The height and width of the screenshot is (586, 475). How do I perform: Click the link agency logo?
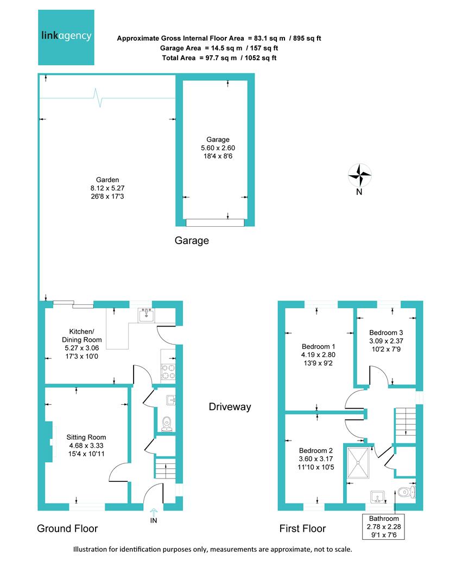66,37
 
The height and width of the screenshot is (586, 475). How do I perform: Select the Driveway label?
230,407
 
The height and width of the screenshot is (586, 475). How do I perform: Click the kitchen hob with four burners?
168,371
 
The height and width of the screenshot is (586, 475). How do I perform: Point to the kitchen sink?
147,315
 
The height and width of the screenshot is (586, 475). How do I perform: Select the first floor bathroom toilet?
406,493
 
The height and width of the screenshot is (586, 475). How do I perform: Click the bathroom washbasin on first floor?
378,496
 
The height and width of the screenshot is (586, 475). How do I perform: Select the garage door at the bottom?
215,222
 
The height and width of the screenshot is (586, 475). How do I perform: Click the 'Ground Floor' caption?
67,528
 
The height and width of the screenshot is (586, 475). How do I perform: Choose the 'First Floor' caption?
302,528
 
